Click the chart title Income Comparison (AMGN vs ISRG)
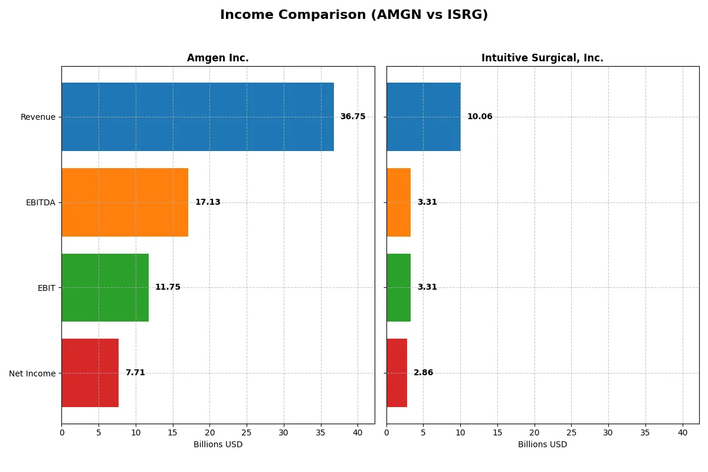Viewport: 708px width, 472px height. [354, 15]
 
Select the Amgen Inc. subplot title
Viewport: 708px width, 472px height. [218, 58]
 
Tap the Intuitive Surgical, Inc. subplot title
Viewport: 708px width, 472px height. [542, 58]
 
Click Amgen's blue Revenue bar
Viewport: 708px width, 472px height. [198, 117]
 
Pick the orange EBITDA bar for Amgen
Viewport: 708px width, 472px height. [124, 202]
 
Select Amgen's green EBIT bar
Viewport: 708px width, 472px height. [105, 287]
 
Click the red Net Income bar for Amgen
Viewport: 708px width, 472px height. [90, 373]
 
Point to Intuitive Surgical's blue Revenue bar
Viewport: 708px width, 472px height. [423, 117]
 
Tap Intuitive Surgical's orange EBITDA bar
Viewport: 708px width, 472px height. [398, 202]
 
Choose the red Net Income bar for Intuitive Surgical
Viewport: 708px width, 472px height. [396, 373]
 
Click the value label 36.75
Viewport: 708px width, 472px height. [353, 117]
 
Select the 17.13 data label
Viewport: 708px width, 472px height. [208, 202]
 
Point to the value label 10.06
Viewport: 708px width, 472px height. [480, 117]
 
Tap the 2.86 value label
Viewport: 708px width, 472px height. [423, 373]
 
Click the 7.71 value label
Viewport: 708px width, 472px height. [135, 373]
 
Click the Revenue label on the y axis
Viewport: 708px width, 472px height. [38, 117]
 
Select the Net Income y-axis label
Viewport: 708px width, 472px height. [32, 373]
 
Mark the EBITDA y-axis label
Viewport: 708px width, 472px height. [41, 202]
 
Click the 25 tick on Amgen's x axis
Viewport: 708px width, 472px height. [247, 432]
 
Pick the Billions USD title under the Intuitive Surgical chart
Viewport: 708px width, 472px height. [542, 445]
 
